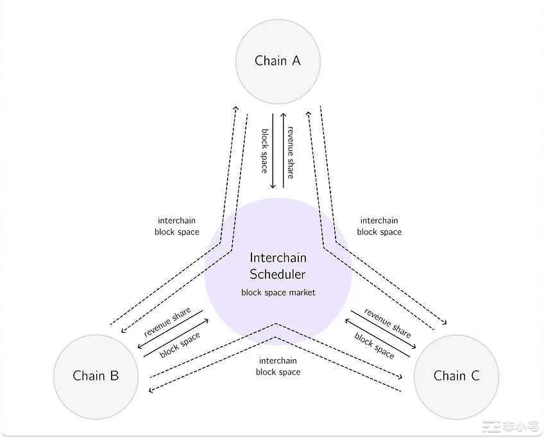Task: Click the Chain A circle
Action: tap(278, 62)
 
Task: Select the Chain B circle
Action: tap(96, 376)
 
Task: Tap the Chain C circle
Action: tap(456, 376)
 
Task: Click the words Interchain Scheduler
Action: tap(278, 266)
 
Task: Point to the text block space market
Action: tap(278, 292)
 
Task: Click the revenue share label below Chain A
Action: tap(290, 151)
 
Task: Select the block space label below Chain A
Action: tap(264, 151)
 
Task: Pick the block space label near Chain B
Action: tap(180, 344)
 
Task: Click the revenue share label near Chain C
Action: tap(387, 323)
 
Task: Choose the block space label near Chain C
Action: tap(375, 345)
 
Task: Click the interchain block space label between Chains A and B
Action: tap(176, 226)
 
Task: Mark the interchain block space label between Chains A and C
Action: tap(379, 226)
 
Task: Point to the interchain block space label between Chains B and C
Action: tap(278, 366)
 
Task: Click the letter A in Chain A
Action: tap(296, 61)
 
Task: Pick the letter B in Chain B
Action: tap(114, 376)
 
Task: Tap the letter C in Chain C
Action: tap(475, 376)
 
